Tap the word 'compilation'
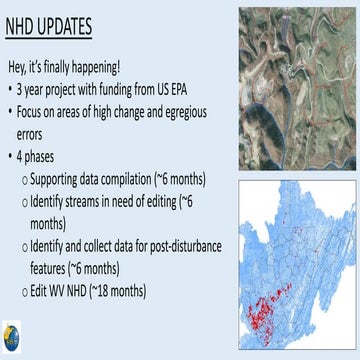151,179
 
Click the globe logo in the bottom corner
13,336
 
